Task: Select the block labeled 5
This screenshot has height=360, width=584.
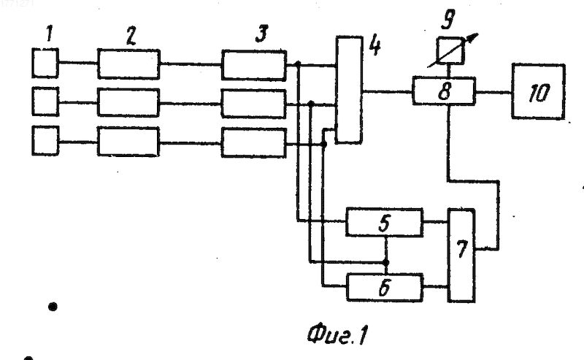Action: pyautogui.click(x=385, y=223)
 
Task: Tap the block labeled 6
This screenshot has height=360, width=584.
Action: pyautogui.click(x=385, y=287)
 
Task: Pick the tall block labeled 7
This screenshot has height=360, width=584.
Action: pyautogui.click(x=461, y=256)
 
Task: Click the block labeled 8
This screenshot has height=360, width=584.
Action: pyautogui.click(x=444, y=91)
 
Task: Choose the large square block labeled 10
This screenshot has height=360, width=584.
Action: pyautogui.click(x=539, y=92)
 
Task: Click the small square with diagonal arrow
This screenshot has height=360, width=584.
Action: pyautogui.click(x=450, y=50)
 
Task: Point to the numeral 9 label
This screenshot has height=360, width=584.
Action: pyautogui.click(x=447, y=19)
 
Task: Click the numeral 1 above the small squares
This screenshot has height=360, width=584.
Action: pyautogui.click(x=49, y=34)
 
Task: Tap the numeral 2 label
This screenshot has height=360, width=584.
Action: pyautogui.click(x=131, y=36)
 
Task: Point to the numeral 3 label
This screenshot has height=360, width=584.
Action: pyautogui.click(x=261, y=34)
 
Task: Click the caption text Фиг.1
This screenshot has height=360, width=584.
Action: pyautogui.click(x=337, y=334)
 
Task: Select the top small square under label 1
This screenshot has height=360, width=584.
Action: pyautogui.click(x=45, y=63)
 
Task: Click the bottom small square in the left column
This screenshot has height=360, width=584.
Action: pyautogui.click(x=45, y=140)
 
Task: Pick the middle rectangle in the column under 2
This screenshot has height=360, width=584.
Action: pyautogui.click(x=128, y=102)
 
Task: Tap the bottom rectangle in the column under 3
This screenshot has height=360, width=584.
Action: pyautogui.click(x=254, y=142)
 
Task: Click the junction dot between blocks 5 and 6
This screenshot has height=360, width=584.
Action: pyautogui.click(x=386, y=262)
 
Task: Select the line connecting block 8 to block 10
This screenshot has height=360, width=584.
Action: pyautogui.click(x=494, y=92)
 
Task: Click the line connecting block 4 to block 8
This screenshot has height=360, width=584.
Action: pyautogui.click(x=388, y=91)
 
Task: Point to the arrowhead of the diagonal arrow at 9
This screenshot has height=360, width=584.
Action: pyautogui.click(x=473, y=37)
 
